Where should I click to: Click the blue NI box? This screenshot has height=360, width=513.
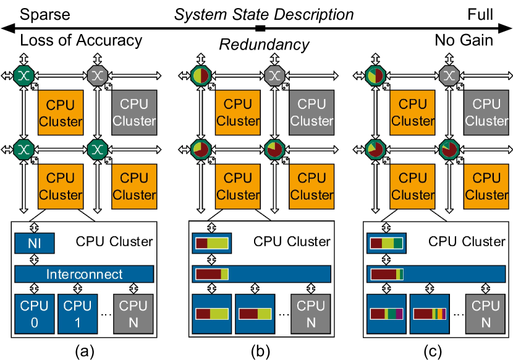pos(35,242)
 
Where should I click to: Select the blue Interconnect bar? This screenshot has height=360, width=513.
pos(83,274)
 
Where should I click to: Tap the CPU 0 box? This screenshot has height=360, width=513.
pos(35,314)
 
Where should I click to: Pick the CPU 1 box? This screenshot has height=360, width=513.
pos(78,314)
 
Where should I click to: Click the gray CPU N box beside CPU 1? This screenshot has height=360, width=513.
pos(134,314)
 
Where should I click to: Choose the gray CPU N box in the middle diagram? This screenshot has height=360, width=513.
pos(311,314)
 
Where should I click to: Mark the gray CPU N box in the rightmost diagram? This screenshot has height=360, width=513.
pos(486,314)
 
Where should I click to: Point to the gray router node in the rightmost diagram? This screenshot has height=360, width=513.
pos(450,75)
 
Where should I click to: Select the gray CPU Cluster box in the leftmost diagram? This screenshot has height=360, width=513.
pos(134,112)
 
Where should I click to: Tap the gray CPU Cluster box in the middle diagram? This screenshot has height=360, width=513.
pos(312,112)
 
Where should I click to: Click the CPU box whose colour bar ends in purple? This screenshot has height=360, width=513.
pos(386,314)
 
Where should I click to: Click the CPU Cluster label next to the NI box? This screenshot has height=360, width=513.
pos(114,241)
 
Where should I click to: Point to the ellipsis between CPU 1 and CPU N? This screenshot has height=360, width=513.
pos(106,314)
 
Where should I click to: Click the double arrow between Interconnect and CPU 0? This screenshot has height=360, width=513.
pos(35,288)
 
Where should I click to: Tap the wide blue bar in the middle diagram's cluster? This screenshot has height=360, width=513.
pos(261,274)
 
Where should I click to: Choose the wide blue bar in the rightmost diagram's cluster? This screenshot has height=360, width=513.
pos(437,274)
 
